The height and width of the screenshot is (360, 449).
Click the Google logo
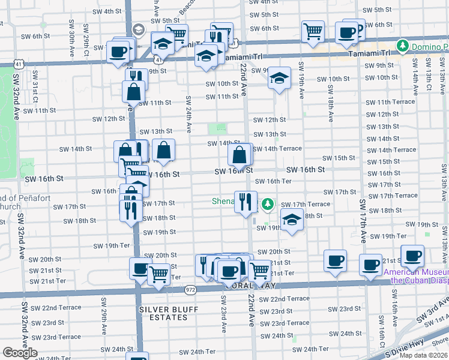(x=20, y=353)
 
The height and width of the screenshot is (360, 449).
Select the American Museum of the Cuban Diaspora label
(x=415, y=276)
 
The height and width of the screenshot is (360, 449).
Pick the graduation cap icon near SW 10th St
(x=279, y=78)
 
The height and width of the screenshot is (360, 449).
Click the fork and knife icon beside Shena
(x=245, y=201)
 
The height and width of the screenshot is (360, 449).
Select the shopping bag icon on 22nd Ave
(x=240, y=155)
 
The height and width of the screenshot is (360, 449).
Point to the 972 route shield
(x=190, y=290)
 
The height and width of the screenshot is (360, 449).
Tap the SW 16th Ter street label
(x=273, y=181)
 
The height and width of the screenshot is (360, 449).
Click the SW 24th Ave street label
(x=188, y=114)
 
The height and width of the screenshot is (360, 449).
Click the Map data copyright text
(x=423, y=355)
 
